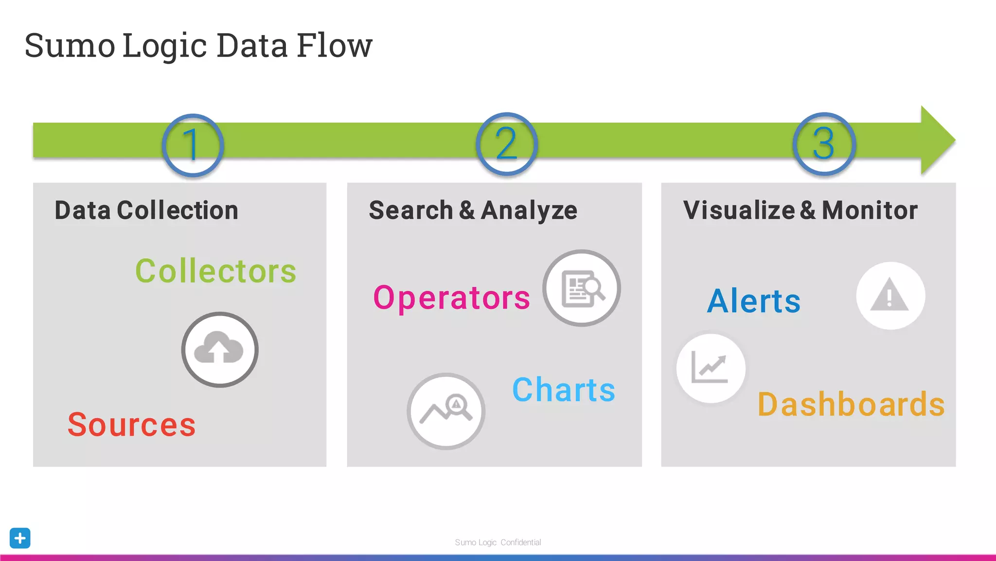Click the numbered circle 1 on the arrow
[x=193, y=145]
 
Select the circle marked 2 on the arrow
[x=507, y=144]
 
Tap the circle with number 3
[x=824, y=144]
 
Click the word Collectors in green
[x=215, y=271]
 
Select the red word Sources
[x=131, y=425]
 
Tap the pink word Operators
[x=451, y=298]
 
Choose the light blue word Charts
[x=564, y=390]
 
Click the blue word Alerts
[x=753, y=301]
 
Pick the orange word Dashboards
[x=851, y=404]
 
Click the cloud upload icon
[x=220, y=350]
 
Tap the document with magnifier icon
[x=582, y=288]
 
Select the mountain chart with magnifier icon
[x=446, y=411]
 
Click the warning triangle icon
[x=890, y=296]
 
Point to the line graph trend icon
[x=711, y=368]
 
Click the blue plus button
[x=20, y=538]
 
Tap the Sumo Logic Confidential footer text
[x=498, y=542]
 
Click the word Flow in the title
[x=334, y=45]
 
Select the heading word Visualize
[x=739, y=210]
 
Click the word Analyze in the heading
[x=529, y=210]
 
